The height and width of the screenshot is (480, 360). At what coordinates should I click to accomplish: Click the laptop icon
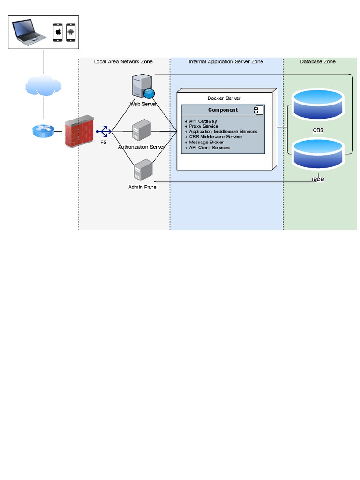click(30, 31)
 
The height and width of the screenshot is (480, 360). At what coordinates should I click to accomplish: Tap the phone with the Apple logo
click(59, 32)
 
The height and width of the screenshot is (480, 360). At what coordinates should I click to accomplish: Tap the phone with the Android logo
click(71, 32)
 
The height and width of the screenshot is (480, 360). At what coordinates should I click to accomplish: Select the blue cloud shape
click(43, 86)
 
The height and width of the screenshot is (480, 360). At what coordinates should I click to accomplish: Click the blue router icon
click(43, 131)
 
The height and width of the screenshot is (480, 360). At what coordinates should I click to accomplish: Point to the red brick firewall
click(79, 131)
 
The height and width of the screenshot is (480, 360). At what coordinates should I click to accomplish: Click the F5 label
click(103, 142)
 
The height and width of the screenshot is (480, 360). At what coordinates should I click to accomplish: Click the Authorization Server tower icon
click(141, 131)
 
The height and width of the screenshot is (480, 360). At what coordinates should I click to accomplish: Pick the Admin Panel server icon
click(142, 171)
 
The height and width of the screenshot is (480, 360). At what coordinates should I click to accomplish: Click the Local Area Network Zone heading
click(123, 62)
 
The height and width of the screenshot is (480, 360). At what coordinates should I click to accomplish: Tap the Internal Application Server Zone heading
click(226, 62)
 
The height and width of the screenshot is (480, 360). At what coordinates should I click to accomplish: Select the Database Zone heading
click(318, 62)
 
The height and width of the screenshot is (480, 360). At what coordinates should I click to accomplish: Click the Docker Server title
click(224, 98)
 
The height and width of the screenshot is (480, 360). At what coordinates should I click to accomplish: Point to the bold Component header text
click(223, 110)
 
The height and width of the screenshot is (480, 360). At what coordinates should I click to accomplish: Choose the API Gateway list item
click(202, 121)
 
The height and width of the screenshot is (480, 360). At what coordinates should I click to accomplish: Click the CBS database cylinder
click(318, 105)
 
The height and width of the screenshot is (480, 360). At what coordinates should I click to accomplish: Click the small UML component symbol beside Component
click(258, 110)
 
